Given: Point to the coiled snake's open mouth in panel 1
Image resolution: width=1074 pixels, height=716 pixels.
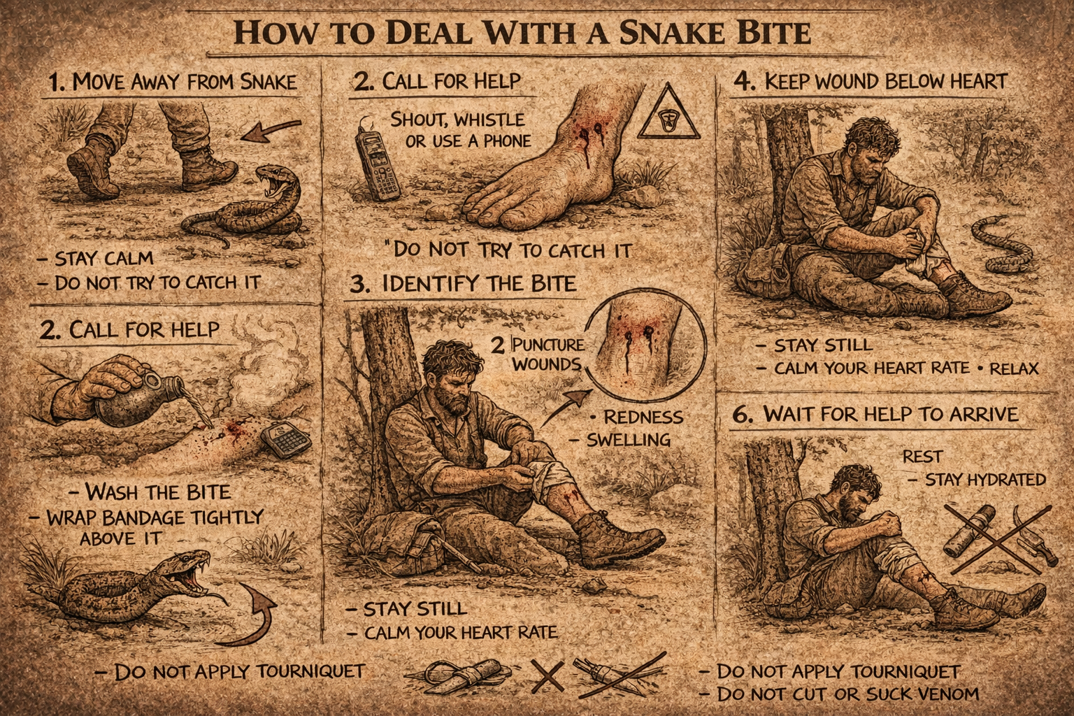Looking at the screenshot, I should click(271, 183).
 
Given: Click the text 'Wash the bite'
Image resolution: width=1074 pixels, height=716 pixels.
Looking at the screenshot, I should click(158, 492).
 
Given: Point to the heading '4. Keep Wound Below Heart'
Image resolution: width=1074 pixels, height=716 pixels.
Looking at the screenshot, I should click(871, 82).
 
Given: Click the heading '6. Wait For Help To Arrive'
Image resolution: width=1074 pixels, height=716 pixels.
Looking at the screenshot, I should click(875, 414).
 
